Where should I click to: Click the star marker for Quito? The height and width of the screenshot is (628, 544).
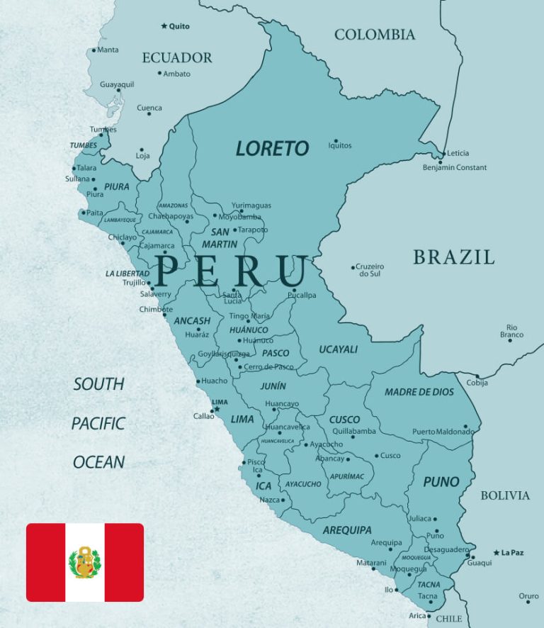pos(164,26)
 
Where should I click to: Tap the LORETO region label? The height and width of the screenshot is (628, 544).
pos(273,148)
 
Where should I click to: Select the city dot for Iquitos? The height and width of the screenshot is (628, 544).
pos(336,140)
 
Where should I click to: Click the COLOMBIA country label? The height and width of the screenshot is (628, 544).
pos(375,35)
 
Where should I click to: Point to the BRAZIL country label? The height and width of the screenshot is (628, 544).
pos(454,257)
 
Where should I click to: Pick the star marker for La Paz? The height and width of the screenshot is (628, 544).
pos(497,553)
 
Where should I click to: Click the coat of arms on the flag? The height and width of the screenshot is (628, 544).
pos(85,562)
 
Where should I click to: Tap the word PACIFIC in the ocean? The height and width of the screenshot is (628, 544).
pos(98,423)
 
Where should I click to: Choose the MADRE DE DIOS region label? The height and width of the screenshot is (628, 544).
pos(419,392)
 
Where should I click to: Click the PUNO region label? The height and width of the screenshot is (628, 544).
pos(441,482)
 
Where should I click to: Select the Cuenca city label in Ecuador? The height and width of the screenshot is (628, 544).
pos(149,108)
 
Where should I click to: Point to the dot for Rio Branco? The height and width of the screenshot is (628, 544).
pos(509,341)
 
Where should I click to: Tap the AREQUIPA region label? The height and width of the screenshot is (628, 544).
pos(347,529)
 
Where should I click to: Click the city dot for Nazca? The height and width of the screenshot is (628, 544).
pos(283,500)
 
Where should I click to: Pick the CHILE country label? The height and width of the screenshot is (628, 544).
pos(448,619)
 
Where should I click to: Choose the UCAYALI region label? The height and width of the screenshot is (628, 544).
pos(339,349)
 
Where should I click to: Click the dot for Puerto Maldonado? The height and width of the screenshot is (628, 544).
pos(466,427)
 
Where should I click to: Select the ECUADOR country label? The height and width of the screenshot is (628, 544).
pos(177,58)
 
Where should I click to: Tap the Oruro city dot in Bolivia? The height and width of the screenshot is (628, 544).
pos(528,602)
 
